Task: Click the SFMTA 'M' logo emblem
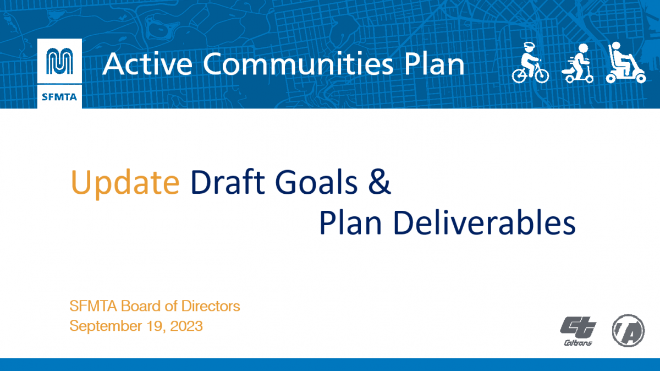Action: [x=59, y=61]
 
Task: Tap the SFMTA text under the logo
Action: [x=59, y=97]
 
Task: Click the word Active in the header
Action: [x=147, y=64]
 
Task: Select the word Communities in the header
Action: [x=298, y=64]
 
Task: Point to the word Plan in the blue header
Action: [x=435, y=64]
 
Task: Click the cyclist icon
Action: [x=530, y=63]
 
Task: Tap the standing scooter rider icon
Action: [x=577, y=63]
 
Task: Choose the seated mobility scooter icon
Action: [x=626, y=63]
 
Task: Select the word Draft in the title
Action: [x=228, y=182]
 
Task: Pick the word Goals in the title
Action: [x=316, y=182]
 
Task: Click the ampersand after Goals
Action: [x=380, y=182]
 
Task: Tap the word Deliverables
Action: [x=485, y=222]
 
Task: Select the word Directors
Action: [x=211, y=306]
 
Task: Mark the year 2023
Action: [x=186, y=326]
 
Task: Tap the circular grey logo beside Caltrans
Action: [x=628, y=331]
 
